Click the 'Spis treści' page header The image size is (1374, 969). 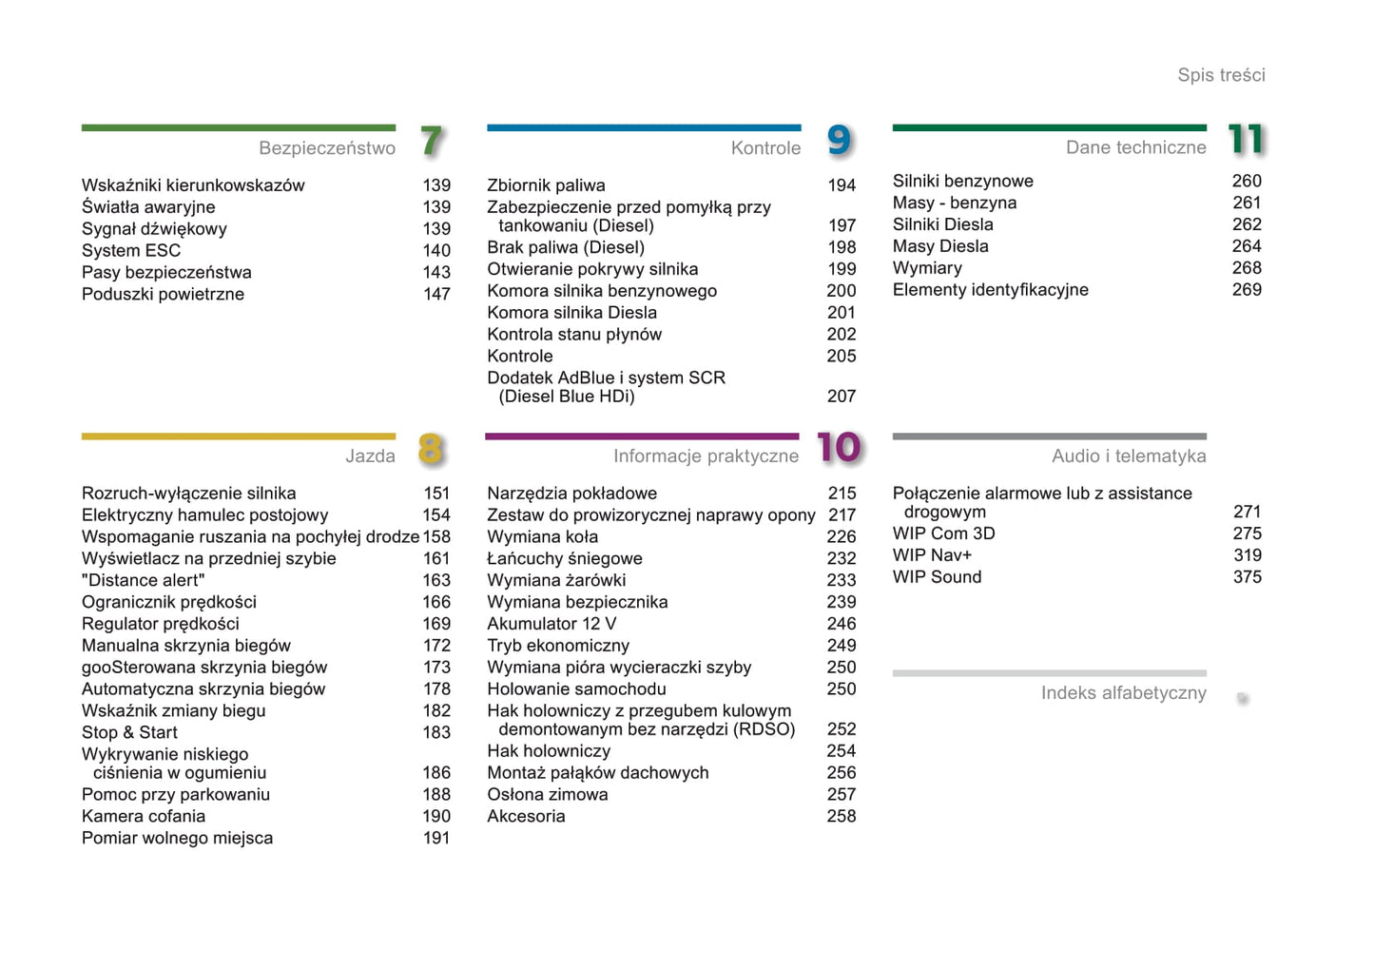coord(1221,75)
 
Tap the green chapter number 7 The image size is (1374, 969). coord(432,141)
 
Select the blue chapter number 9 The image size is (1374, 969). coord(839,141)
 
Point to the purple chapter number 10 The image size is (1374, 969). coord(839,448)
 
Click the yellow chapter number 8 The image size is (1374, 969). coord(431,449)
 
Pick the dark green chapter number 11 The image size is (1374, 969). coord(1246,140)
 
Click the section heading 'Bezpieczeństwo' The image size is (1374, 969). coord(327,148)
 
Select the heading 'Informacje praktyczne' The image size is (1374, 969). coord(706,456)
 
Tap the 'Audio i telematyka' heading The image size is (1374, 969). coord(1129,456)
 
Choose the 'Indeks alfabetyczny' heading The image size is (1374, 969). coord(1123,693)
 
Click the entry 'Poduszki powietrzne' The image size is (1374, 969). coord(163,295)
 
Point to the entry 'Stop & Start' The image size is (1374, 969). coord(129,733)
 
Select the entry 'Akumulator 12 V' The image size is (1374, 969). coord(552,625)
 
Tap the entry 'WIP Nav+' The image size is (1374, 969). coord(932,555)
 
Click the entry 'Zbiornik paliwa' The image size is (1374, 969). coord(546,185)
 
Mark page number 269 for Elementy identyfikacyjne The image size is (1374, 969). coord(1247,290)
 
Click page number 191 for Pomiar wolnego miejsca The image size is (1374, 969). coord(436,839)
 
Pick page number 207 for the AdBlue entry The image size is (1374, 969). coord(842,397)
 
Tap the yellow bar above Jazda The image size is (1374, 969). coord(239,436)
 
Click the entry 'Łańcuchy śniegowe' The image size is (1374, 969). coord(565,559)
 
